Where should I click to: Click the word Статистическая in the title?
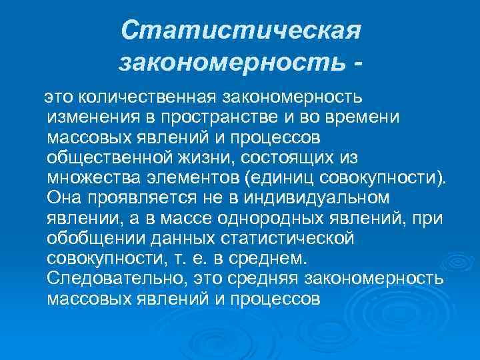(x=241, y=31)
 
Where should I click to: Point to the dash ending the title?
(x=360, y=64)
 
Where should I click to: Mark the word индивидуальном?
(x=313, y=198)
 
